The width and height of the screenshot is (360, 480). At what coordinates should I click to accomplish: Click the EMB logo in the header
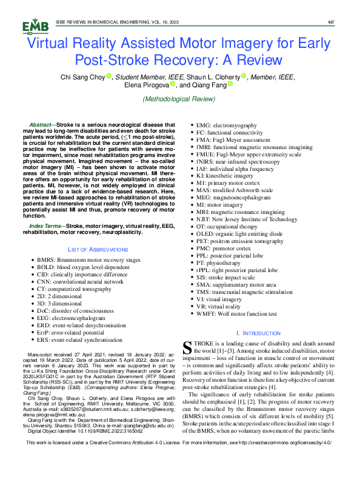(x=32, y=26)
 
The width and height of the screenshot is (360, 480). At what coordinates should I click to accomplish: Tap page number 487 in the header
(x=331, y=22)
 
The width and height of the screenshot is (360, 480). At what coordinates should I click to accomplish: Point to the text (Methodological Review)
(x=179, y=99)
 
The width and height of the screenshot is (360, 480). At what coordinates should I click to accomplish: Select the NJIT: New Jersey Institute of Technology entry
(x=264, y=219)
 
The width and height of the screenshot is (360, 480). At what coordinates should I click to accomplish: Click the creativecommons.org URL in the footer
(x=288, y=461)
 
